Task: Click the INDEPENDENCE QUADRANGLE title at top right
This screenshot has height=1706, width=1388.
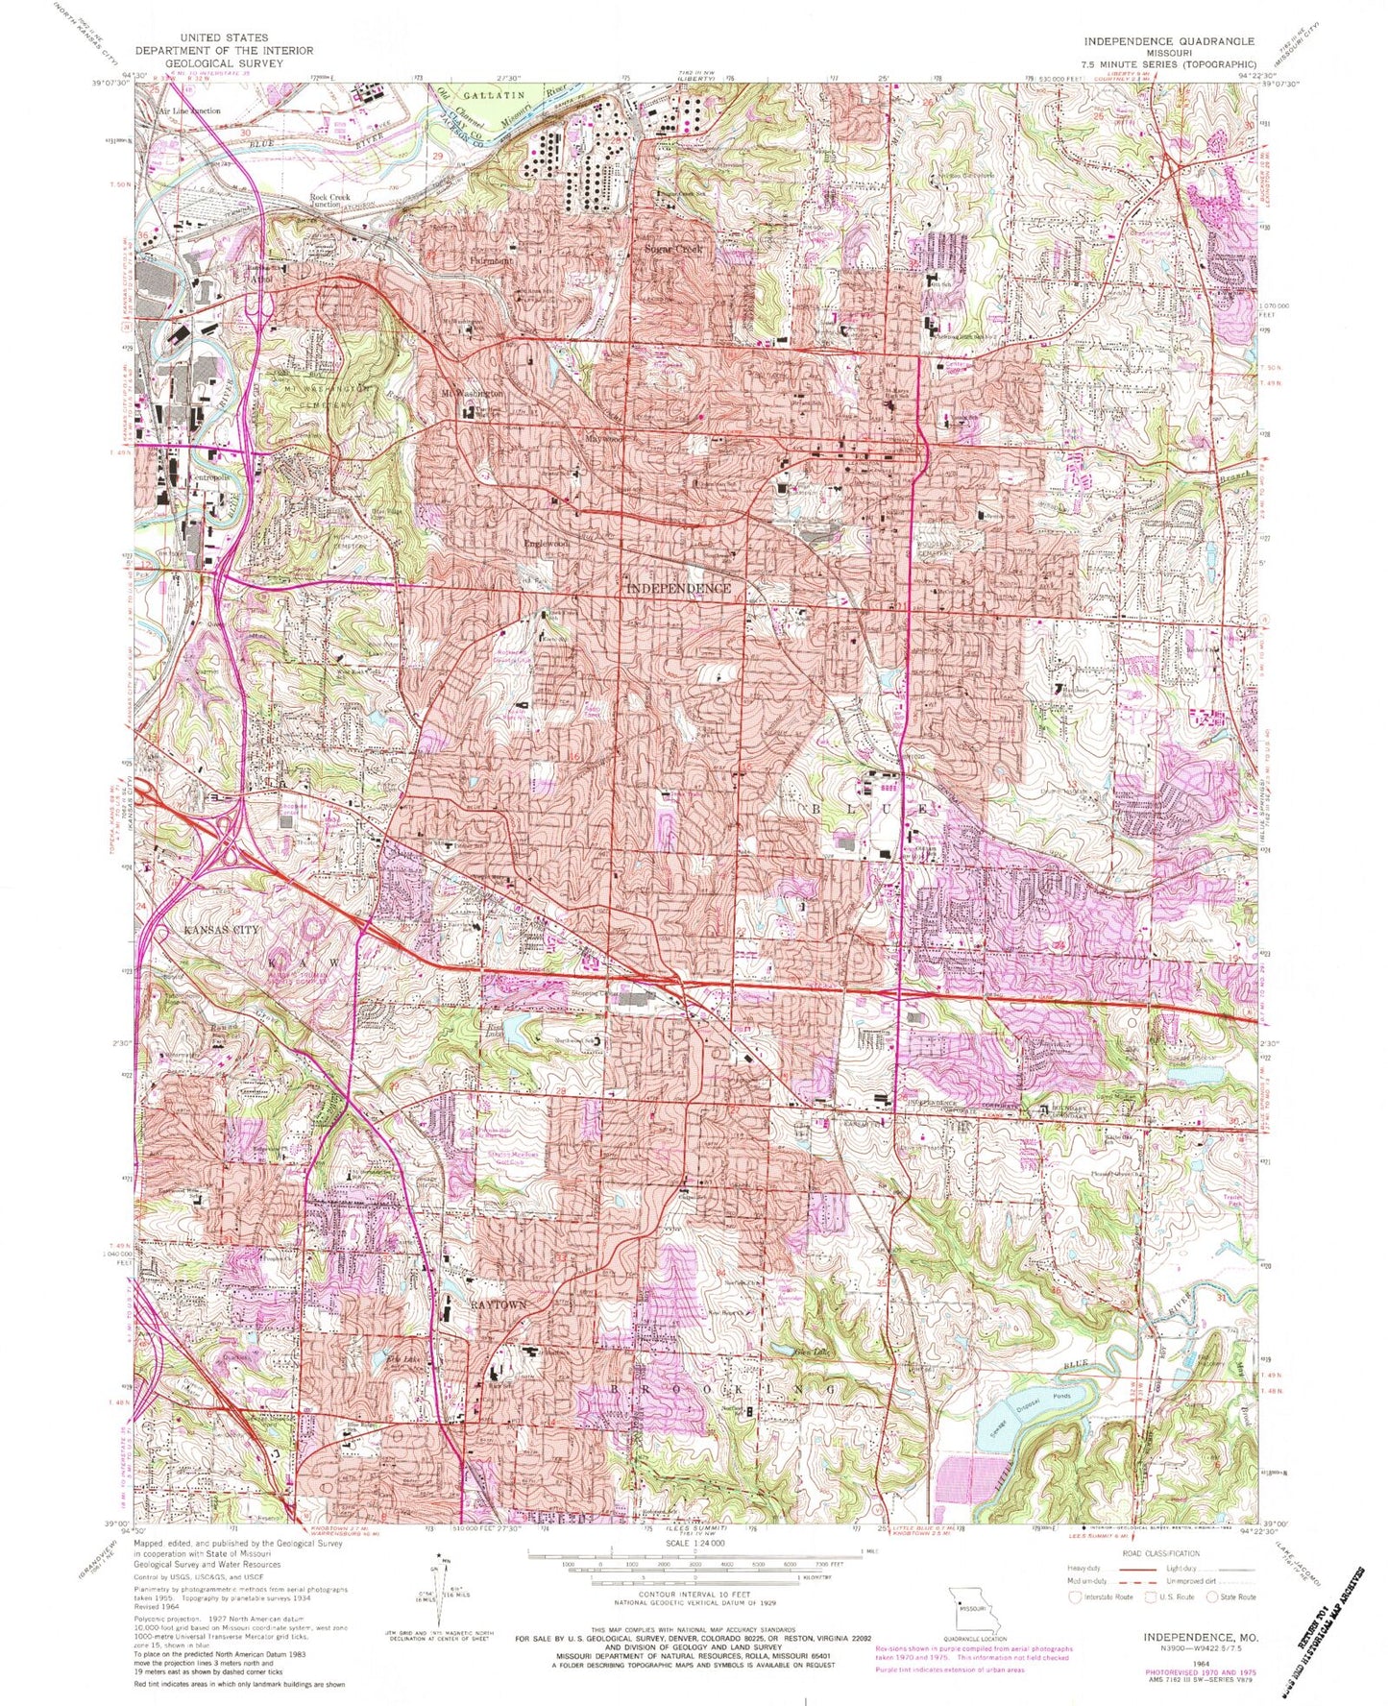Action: [x=1168, y=41]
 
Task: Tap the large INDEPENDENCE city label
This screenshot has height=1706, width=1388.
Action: [x=679, y=588]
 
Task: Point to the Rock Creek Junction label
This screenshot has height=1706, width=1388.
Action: [x=331, y=201]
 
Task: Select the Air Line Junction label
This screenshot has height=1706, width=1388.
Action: [x=190, y=110]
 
